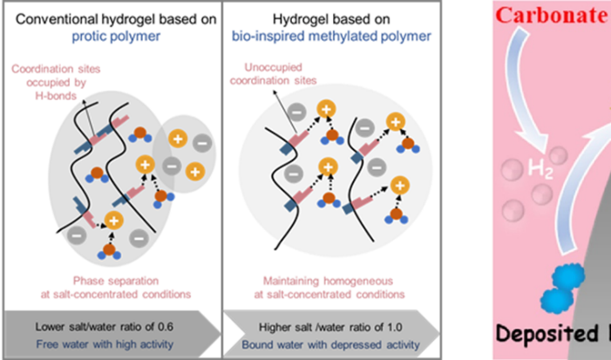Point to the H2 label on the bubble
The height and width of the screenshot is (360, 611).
click(x=525, y=167)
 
